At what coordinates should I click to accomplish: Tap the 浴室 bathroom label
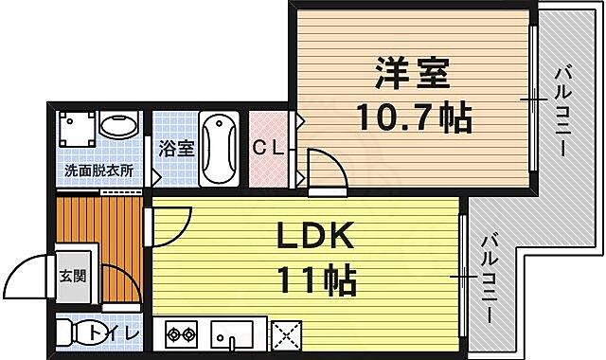(176, 148)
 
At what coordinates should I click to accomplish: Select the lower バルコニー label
(490, 279)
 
